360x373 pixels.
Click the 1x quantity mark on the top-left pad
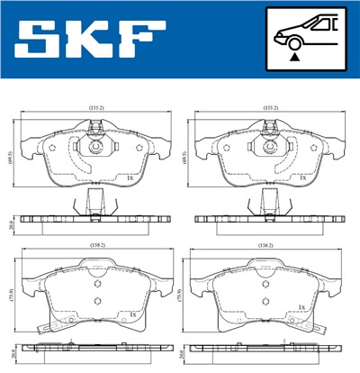tap(130, 177)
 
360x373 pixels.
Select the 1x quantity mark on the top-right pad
tap(303, 177)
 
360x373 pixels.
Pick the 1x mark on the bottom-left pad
tap(133, 314)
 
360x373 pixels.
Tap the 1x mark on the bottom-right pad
tap(303, 314)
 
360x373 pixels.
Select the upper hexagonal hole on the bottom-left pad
tap(94, 282)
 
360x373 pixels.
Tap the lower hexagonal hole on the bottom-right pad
tap(264, 302)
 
